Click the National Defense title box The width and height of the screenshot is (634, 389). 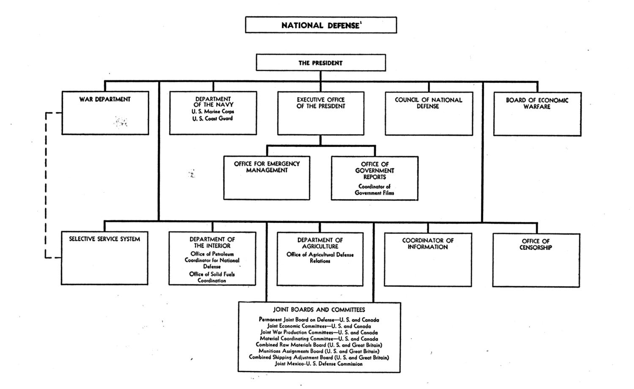click(x=321, y=25)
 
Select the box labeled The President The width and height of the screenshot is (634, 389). click(x=321, y=63)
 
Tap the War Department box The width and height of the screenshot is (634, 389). click(x=105, y=112)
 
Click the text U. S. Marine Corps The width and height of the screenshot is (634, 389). click(x=213, y=111)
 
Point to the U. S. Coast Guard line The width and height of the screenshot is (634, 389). click(x=213, y=118)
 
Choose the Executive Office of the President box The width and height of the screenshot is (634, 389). click(x=321, y=113)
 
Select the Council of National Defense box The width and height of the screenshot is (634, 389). click(x=429, y=114)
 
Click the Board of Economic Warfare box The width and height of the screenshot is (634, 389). click(x=537, y=114)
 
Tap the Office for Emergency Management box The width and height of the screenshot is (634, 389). click(x=267, y=178)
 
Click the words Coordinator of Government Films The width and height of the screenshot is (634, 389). click(x=374, y=190)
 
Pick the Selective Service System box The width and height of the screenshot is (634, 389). click(x=104, y=258)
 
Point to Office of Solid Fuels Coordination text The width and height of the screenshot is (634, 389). click(x=212, y=277)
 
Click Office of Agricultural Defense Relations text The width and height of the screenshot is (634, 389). click(x=320, y=258)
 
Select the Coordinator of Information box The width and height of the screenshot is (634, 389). click(x=428, y=260)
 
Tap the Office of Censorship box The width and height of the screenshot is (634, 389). click(x=536, y=260)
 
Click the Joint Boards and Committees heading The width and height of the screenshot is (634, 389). click(x=319, y=310)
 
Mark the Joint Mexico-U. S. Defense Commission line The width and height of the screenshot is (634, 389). click(x=318, y=364)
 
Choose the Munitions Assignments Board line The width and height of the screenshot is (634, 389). click(x=319, y=351)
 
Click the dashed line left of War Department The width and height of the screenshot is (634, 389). click(x=46, y=185)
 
